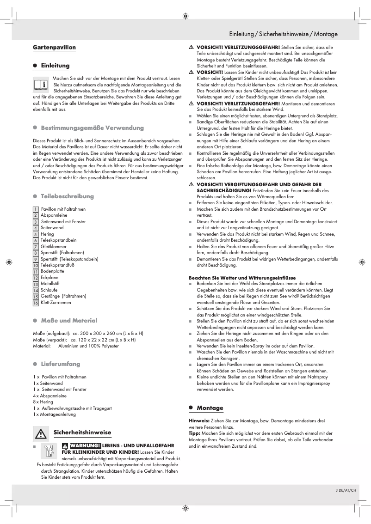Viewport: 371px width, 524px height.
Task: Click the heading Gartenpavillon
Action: click(x=54, y=48)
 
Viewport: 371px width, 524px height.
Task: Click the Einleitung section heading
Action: click(x=55, y=66)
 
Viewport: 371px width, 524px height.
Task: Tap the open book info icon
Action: click(x=41, y=85)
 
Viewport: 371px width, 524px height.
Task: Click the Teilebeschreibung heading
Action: click(x=67, y=196)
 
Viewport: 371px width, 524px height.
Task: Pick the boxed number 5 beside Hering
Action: click(x=36, y=234)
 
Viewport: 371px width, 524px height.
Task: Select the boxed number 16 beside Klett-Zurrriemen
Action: click(x=36, y=303)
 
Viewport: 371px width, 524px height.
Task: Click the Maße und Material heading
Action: click(x=69, y=321)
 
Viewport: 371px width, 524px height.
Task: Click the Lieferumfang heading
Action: click(x=60, y=364)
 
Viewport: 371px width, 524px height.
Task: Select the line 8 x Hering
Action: click(x=43, y=402)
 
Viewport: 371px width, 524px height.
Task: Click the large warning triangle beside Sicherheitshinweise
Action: click(x=41, y=434)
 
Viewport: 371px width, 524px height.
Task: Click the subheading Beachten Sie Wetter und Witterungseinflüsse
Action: click(x=242, y=278)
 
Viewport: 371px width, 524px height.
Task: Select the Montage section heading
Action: click(x=210, y=408)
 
